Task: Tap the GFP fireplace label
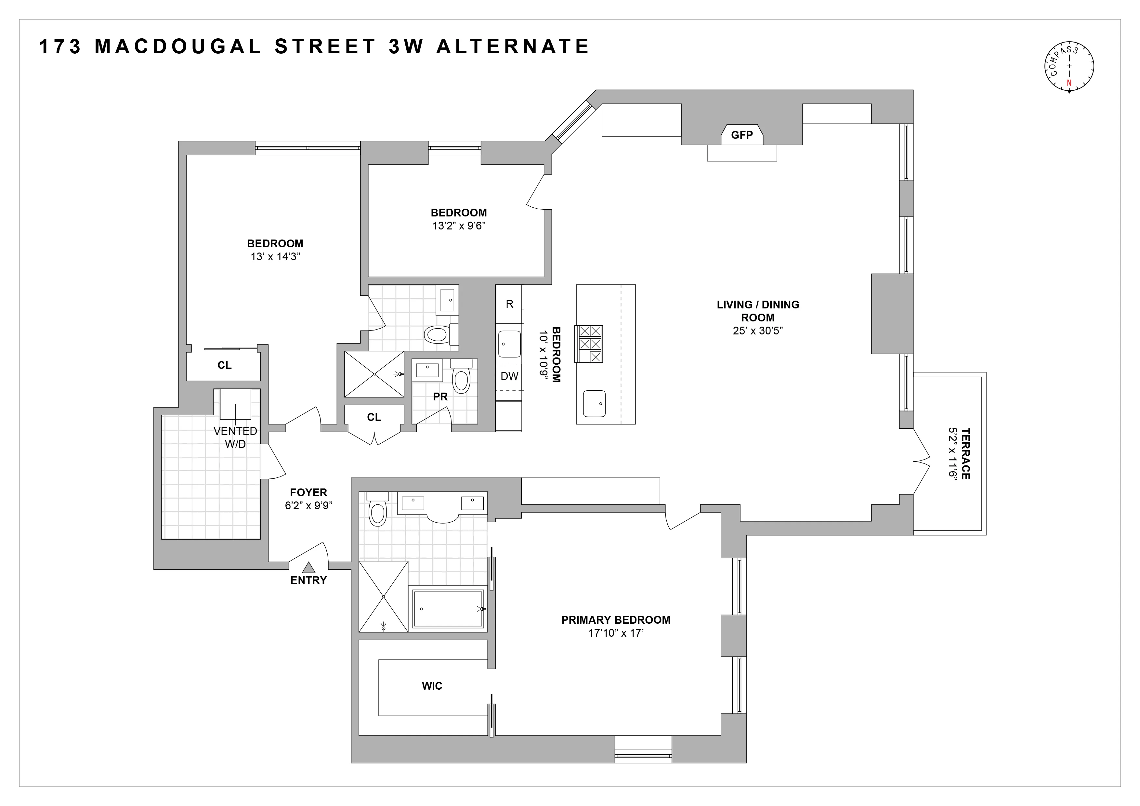(742, 135)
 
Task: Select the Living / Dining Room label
(758, 311)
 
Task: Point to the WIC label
(432, 686)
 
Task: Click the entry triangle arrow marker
(309, 567)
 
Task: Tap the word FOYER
(308, 492)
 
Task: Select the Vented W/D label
(235, 437)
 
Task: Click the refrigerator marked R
(509, 304)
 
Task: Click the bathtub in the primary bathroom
(448, 609)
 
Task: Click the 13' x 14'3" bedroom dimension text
(276, 257)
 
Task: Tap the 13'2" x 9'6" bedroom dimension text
(458, 226)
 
